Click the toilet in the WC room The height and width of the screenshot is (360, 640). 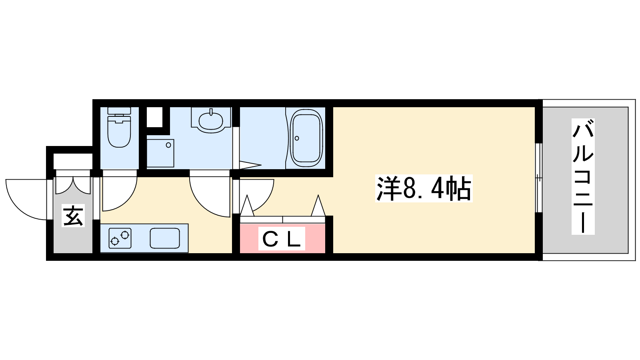(119, 127)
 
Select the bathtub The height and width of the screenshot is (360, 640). (306, 139)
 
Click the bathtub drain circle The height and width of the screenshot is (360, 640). (297, 138)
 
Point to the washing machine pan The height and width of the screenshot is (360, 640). (160, 153)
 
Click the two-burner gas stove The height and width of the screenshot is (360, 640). (120, 238)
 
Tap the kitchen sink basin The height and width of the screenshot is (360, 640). (165, 238)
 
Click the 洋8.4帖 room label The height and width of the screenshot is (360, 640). (424, 188)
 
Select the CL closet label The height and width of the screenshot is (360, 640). (282, 238)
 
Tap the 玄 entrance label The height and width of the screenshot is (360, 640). (73, 216)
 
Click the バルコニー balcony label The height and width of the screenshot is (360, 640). (583, 176)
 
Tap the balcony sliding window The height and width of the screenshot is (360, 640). (538, 178)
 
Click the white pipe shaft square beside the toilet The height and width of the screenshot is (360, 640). (154, 117)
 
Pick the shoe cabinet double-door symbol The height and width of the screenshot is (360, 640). (73, 186)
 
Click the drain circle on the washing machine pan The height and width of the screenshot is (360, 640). (168, 145)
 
